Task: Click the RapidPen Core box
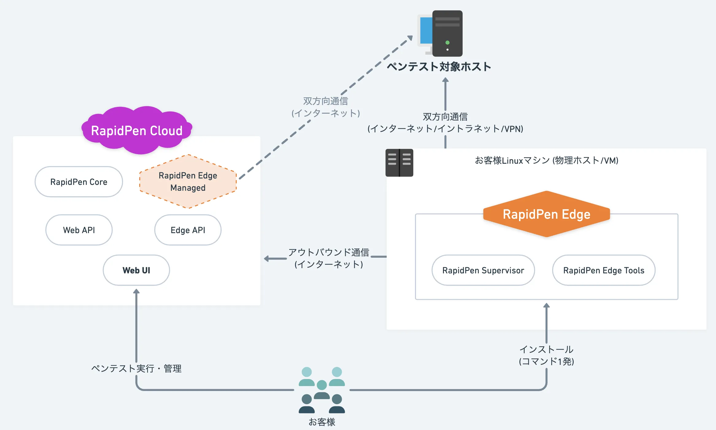click(79, 182)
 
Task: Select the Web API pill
click(79, 230)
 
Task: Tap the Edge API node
click(188, 230)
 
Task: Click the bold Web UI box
click(136, 270)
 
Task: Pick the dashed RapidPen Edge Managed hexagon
click(188, 182)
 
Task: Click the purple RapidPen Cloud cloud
click(137, 131)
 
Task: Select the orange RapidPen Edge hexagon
click(546, 214)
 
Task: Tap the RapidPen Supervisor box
click(483, 270)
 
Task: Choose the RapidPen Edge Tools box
click(604, 270)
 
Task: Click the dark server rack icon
click(399, 163)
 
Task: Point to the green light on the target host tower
click(447, 43)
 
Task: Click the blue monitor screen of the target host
click(426, 31)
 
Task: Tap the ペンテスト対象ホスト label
click(439, 67)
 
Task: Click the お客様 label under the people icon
click(322, 422)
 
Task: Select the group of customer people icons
click(322, 390)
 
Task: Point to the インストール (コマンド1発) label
click(546, 355)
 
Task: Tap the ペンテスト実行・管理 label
click(136, 368)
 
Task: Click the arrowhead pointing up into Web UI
click(136, 291)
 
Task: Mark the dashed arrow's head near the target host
click(410, 38)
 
